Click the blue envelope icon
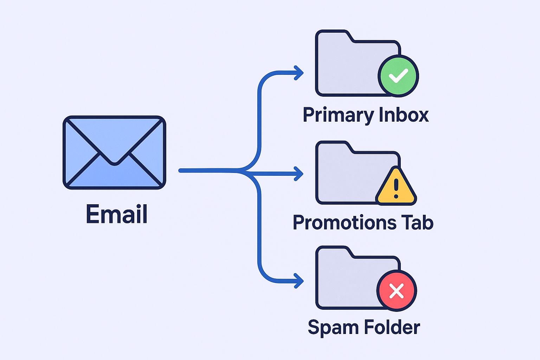point(114,152)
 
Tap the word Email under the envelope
point(117,214)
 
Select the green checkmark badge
point(398,76)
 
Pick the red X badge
point(397,291)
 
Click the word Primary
point(334,115)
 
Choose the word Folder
point(392,327)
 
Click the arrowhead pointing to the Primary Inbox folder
point(299,73)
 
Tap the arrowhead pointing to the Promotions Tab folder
point(299,174)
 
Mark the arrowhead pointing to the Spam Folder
point(299,281)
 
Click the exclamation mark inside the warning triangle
point(396,188)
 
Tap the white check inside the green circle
point(398,76)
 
